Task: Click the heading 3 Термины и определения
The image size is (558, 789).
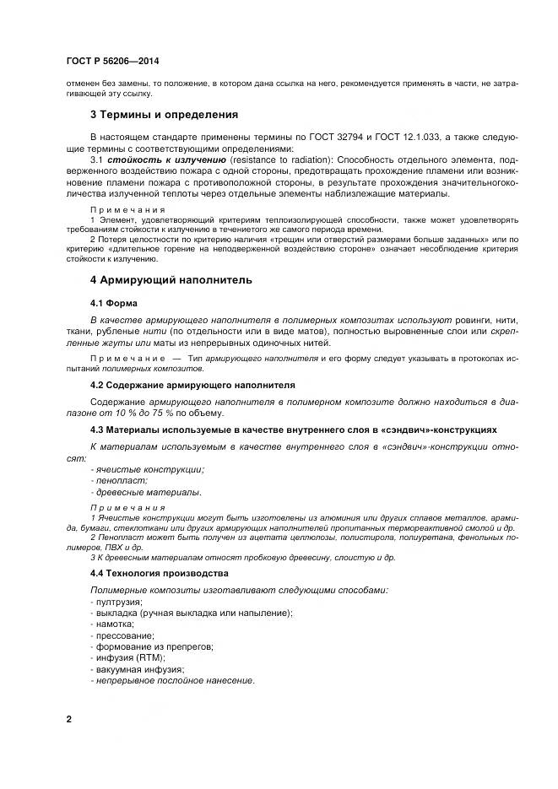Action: [x=164, y=114]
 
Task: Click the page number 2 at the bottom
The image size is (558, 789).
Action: [x=69, y=719]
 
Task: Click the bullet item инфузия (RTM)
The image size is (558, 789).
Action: [x=130, y=657]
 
